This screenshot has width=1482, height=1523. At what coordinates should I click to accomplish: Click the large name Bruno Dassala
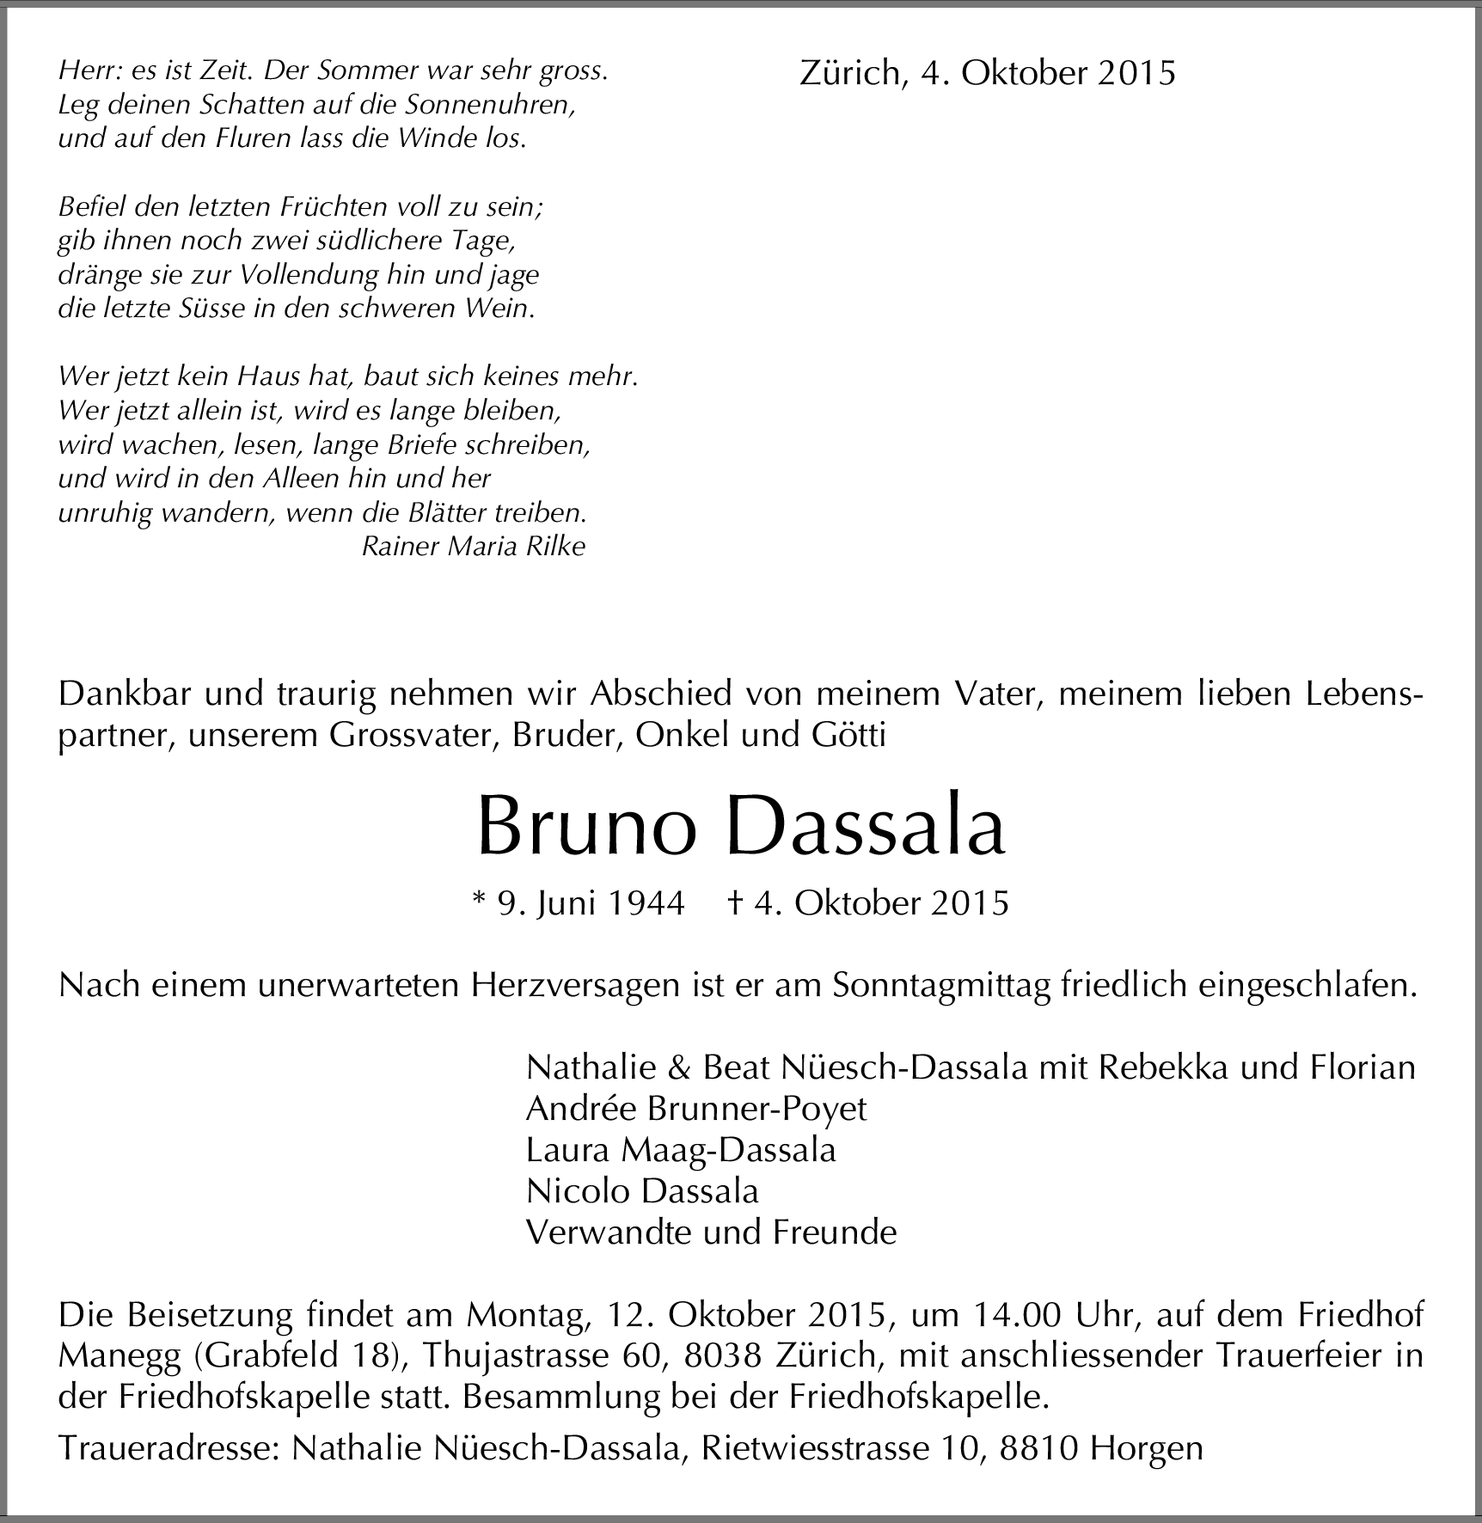tap(740, 826)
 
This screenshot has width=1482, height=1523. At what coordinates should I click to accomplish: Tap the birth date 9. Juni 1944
tap(591, 903)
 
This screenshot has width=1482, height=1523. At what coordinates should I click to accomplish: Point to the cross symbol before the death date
tap(735, 902)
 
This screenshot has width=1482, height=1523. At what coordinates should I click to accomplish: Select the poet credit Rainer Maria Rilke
tap(474, 547)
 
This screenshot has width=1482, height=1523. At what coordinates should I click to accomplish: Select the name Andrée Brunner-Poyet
tap(696, 1109)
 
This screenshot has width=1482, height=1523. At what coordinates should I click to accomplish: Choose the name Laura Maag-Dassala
tap(681, 1150)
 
